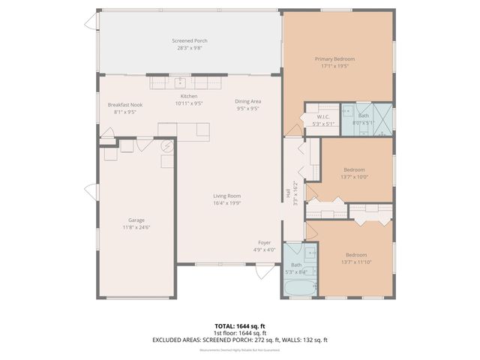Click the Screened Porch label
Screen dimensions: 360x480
(190, 40)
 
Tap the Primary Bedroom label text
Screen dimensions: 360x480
(334, 58)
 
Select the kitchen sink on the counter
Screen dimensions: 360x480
(181, 82)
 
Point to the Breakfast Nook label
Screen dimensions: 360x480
(124, 104)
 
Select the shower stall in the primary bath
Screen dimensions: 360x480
(383, 120)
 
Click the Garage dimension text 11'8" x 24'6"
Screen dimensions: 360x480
(137, 227)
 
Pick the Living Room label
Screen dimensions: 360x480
(226, 196)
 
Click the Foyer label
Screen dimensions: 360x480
(265, 242)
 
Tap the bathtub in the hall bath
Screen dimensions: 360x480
(300, 287)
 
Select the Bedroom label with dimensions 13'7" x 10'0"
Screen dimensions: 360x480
(354, 169)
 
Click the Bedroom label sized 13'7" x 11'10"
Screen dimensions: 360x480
(355, 254)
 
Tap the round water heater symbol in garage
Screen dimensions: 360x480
(168, 147)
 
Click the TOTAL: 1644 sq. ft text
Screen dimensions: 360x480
(239, 325)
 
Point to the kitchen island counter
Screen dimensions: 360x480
(184, 130)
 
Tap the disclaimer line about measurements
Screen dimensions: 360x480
(239, 350)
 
